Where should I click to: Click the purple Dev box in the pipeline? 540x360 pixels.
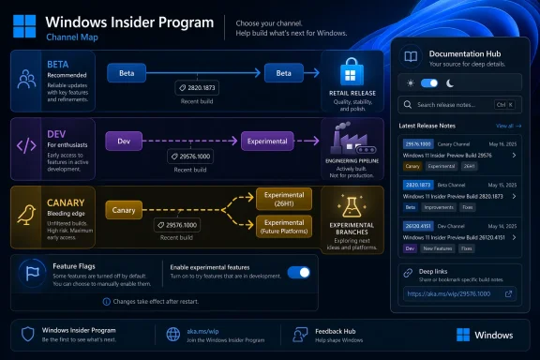coord(123,142)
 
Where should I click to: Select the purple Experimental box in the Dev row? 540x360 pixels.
coord(267,142)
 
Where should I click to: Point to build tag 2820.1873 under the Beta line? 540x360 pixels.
coord(196,87)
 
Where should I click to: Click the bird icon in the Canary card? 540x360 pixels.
coord(28,209)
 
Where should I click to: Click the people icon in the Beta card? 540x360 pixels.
coord(28,80)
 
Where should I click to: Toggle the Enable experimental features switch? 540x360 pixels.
coord(298,273)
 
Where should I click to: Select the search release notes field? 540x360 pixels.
coord(457,105)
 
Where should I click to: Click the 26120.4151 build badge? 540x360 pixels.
coord(417,226)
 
